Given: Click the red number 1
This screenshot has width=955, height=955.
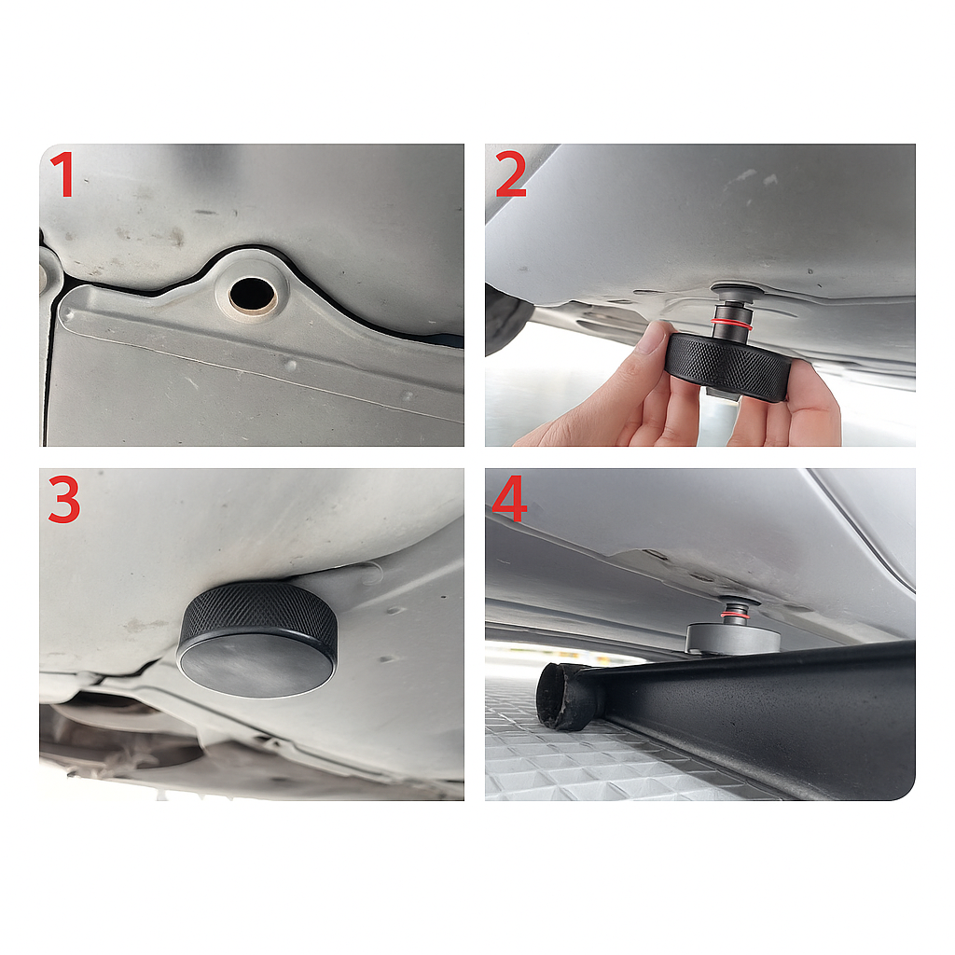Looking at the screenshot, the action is (62, 174).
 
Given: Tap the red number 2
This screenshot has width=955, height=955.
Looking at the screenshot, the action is (510, 174).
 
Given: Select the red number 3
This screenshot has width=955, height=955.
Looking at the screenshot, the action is (64, 500).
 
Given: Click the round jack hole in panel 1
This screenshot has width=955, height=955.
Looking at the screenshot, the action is (252, 293).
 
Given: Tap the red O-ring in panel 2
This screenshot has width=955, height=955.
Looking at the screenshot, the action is (731, 324).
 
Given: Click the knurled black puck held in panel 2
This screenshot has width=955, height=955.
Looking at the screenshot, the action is (728, 367).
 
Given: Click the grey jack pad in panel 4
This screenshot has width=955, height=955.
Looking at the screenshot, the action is (733, 638).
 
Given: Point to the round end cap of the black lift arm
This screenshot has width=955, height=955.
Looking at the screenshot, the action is (562, 696).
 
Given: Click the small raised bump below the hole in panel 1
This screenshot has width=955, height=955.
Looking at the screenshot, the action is (291, 365).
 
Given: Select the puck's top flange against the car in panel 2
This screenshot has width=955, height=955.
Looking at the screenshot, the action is (738, 291).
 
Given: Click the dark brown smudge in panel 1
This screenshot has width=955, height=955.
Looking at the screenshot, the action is (176, 236).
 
